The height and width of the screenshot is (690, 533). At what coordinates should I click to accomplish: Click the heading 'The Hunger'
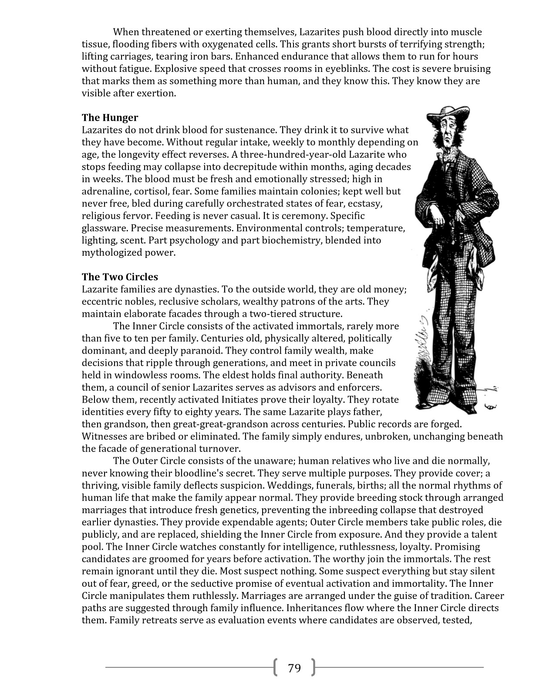[110, 118]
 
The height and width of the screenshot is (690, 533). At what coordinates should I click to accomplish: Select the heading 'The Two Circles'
[120, 277]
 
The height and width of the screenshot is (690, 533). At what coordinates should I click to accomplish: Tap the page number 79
[294, 668]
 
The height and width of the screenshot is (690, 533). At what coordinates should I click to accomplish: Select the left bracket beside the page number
[276, 668]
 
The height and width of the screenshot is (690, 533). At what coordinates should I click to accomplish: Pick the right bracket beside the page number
[313, 668]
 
